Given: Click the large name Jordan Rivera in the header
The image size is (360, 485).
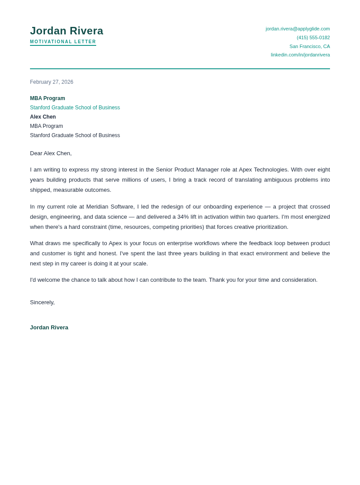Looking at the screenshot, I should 67,31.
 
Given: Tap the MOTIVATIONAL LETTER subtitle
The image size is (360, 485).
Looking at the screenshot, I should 63,42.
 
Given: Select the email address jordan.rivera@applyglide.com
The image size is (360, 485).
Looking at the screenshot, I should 297,29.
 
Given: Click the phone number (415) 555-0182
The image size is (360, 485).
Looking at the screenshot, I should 313,37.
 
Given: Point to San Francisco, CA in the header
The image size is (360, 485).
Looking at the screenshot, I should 309,46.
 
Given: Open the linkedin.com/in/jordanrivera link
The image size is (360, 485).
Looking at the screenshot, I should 300,55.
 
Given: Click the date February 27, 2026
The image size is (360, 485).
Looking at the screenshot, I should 52,82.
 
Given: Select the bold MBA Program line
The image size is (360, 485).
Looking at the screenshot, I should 48,98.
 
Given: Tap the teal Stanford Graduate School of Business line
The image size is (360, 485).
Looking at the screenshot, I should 75,108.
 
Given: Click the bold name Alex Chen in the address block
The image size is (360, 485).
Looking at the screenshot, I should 43,117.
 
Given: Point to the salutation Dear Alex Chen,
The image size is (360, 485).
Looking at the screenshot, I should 51,153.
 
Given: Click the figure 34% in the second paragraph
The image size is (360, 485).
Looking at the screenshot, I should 183,217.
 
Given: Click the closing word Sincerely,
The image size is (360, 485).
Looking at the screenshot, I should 42,302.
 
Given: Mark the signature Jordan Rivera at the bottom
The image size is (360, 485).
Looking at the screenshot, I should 49,328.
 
